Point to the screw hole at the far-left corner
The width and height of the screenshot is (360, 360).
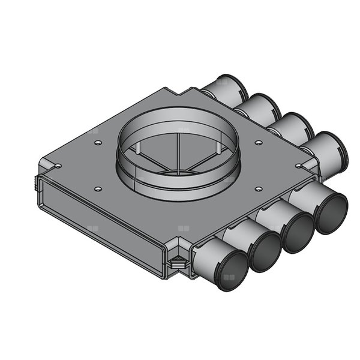pos(58,167)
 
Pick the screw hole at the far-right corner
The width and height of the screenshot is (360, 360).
pos(298,166)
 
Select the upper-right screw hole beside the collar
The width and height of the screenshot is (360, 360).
pos(258,143)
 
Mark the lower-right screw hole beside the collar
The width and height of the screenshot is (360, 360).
pos(257,190)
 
